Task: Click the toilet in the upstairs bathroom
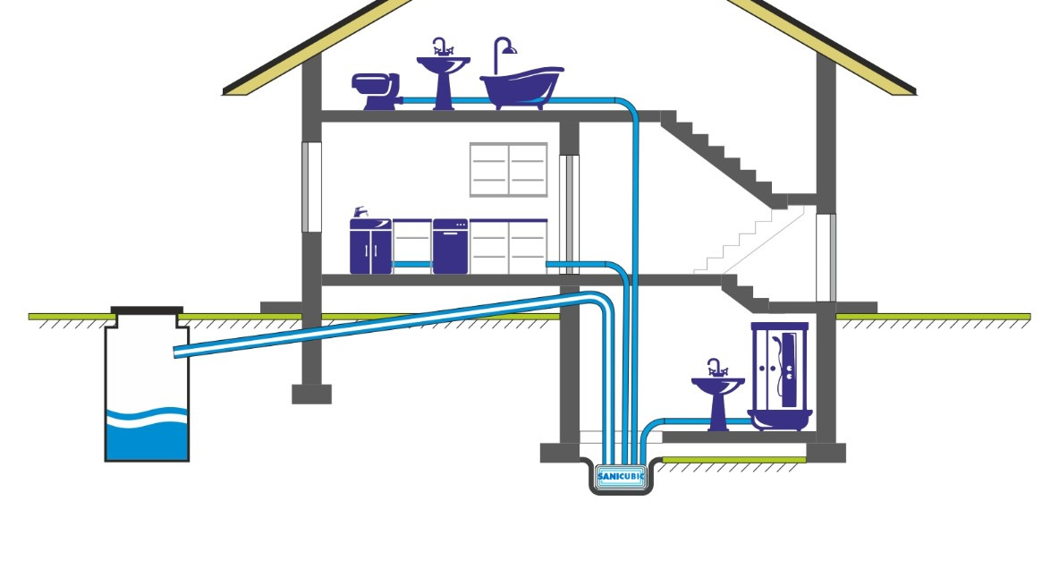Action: pyautogui.click(x=375, y=90)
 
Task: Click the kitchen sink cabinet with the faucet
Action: pyautogui.click(x=370, y=245)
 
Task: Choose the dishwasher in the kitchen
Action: pyautogui.click(x=450, y=247)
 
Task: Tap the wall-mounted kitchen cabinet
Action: pyautogui.click(x=508, y=169)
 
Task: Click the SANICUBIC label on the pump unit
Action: pyautogui.click(x=621, y=476)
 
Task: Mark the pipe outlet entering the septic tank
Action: pyautogui.click(x=180, y=350)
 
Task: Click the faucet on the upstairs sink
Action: pyautogui.click(x=440, y=47)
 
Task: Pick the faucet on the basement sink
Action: pyautogui.click(x=716, y=367)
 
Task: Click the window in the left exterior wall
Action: pyautogui.click(x=310, y=186)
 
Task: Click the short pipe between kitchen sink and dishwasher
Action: pyautogui.click(x=411, y=265)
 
